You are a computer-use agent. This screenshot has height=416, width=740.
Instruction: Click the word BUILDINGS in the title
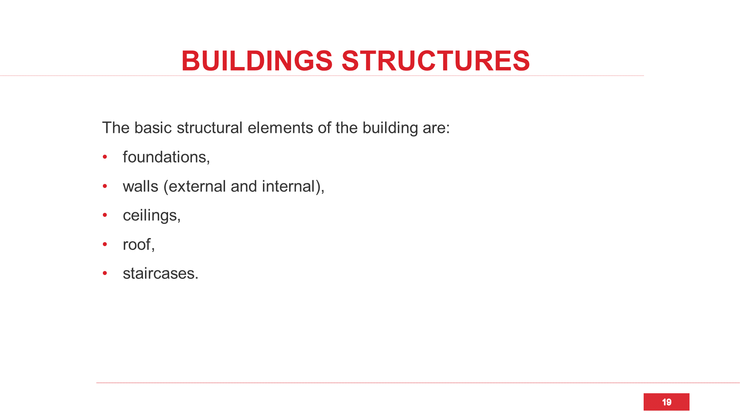tap(257, 61)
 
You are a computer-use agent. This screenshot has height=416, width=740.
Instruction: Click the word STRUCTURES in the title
tap(436, 61)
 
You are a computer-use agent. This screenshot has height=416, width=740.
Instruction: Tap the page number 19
tap(666, 402)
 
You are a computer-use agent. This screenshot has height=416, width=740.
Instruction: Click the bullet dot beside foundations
tap(105, 157)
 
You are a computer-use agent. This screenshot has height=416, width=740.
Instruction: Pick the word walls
tap(140, 186)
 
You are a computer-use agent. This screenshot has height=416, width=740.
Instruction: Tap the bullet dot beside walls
tap(105, 186)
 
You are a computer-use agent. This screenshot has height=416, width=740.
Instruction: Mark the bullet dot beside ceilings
tap(105, 215)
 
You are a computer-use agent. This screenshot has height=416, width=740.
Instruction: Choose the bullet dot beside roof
tap(105, 244)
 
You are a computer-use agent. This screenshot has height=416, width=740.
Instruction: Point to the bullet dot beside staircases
tap(105, 273)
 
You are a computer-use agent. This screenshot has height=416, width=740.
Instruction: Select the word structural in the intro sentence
tap(210, 128)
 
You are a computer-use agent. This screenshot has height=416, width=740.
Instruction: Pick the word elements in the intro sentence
tap(280, 128)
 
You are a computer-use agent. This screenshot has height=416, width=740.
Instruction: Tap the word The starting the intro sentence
tap(116, 128)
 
